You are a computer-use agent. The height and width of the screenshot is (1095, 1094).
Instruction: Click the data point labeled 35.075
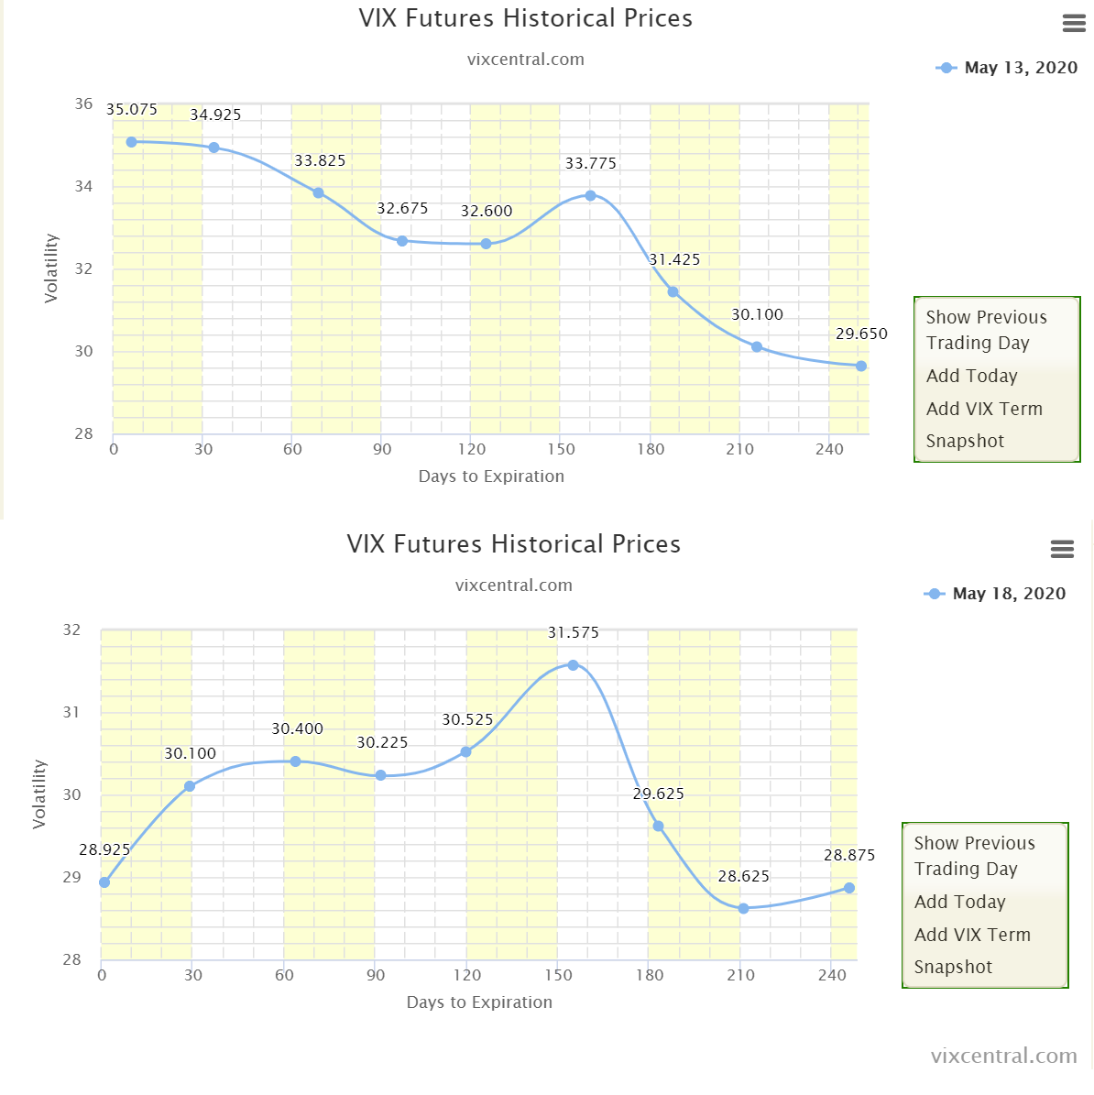[131, 142]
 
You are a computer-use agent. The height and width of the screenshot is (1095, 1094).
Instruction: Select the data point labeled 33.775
[590, 195]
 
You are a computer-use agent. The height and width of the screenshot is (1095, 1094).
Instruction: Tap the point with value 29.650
[860, 366]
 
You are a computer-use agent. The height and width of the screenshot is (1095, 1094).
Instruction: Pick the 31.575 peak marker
[573, 665]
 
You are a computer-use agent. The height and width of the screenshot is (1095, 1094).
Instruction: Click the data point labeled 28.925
[104, 882]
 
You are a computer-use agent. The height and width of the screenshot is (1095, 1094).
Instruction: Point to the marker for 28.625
[743, 908]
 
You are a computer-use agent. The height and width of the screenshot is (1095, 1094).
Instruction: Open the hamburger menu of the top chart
[1074, 24]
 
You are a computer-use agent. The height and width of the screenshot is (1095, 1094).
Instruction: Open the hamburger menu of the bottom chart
[1062, 549]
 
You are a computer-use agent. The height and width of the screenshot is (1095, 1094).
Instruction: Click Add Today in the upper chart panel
[971, 376]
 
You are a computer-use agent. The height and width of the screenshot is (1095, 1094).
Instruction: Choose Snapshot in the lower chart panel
[953, 967]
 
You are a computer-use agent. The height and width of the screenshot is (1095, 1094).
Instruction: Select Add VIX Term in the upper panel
[984, 409]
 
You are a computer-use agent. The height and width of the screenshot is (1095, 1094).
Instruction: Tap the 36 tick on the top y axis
[84, 104]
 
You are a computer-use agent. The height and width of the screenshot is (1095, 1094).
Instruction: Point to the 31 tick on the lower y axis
[72, 712]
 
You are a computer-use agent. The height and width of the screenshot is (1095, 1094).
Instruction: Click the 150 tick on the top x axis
[561, 449]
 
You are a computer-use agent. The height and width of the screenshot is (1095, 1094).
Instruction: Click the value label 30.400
[297, 728]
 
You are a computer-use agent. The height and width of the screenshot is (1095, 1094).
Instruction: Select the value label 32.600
[487, 211]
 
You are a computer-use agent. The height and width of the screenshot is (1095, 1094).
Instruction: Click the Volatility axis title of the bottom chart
[39, 794]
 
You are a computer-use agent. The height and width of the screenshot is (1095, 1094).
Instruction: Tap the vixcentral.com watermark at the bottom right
[1003, 1056]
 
